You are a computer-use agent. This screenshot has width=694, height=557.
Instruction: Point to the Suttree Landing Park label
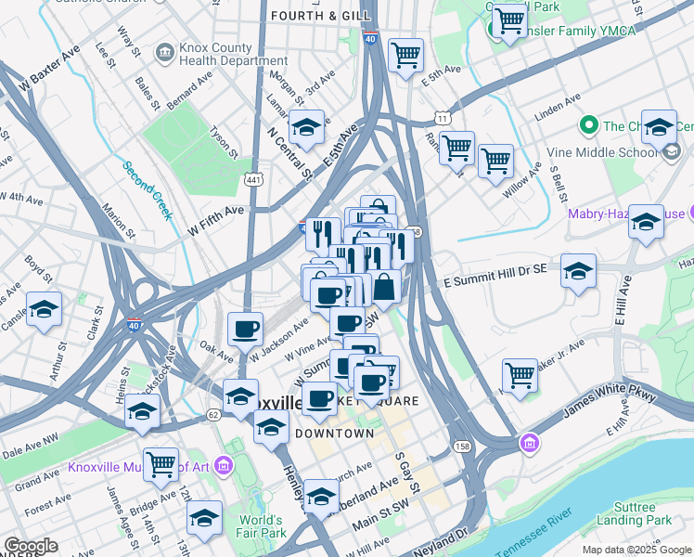pyautogui.click(x=646, y=513)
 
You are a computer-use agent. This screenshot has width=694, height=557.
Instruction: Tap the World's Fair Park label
pyautogui.click(x=260, y=526)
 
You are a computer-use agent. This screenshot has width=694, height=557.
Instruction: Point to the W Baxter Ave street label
pyautogui.click(x=39, y=68)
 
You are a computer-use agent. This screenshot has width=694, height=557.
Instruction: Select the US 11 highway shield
pyautogui.click(x=443, y=119)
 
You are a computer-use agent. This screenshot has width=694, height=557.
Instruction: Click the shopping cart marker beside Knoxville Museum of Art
pyautogui.click(x=161, y=462)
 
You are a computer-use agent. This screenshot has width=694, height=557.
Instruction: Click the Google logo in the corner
pyautogui.click(x=30, y=546)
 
